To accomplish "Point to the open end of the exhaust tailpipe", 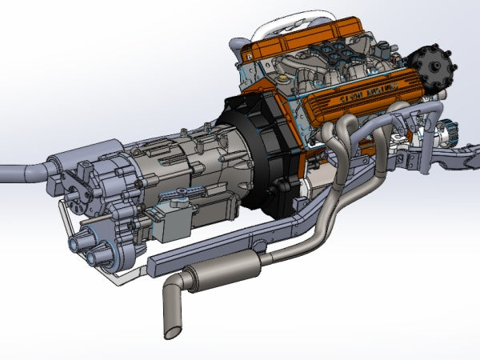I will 172,329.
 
